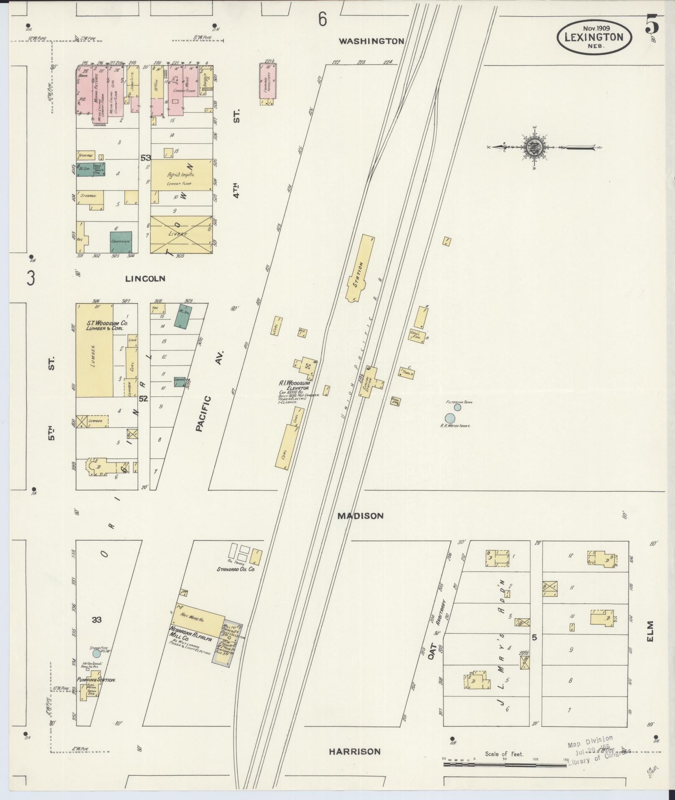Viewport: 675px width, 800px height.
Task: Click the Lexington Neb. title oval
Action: click(594, 37)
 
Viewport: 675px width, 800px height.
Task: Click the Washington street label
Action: click(371, 41)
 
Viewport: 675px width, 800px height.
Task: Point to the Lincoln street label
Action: click(145, 278)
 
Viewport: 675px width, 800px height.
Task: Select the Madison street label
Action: click(360, 516)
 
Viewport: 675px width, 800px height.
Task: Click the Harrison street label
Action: click(354, 751)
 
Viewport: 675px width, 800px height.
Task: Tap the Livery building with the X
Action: click(181, 234)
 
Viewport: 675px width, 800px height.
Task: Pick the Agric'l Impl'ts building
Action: click(181, 175)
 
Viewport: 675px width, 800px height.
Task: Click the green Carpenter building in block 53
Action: click(121, 241)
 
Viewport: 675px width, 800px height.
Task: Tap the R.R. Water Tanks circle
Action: click(450, 418)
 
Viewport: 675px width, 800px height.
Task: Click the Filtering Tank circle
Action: click(457, 407)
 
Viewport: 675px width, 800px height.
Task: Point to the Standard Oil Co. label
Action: click(236, 569)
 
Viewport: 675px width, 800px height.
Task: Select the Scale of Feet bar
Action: click(504, 764)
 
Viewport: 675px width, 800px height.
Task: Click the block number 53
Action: click(146, 158)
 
